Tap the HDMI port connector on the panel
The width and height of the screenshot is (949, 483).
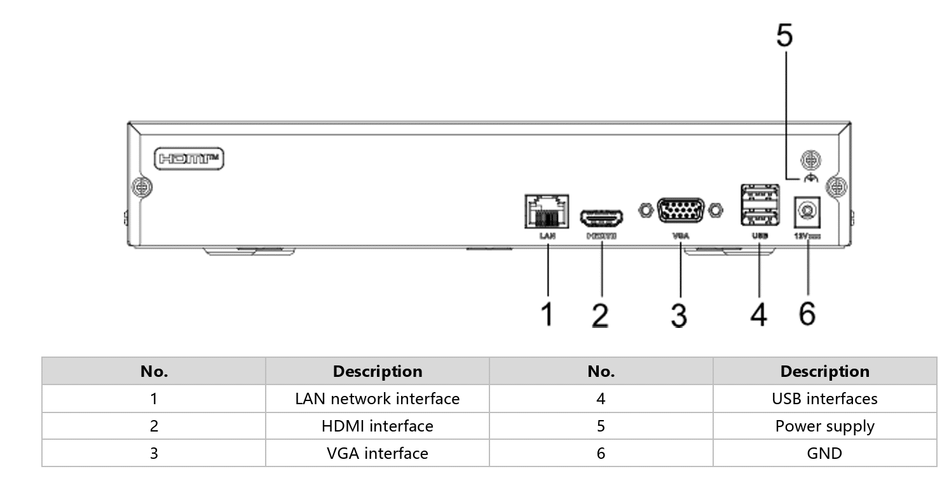(601, 218)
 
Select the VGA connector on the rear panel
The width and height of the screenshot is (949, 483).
(681, 210)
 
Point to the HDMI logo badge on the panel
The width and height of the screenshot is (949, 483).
(190, 158)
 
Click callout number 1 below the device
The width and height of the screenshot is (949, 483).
(547, 315)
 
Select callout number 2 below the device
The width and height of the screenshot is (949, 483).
(600, 315)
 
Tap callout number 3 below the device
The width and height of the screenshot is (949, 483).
(679, 315)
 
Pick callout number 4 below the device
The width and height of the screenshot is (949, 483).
(758, 315)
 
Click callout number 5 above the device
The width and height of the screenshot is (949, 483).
(785, 36)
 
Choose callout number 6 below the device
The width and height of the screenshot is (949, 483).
(807, 313)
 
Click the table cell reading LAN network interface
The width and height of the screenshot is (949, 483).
(378, 399)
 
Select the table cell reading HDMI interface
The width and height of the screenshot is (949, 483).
(378, 426)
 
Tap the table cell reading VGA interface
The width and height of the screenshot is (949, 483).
(378, 454)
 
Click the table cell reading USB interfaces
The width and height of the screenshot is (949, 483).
(824, 399)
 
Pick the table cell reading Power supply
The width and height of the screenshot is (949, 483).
(824, 426)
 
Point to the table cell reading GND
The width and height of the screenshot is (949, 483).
(824, 454)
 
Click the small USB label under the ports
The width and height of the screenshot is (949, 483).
(760, 236)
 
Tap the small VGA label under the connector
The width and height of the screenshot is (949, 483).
(680, 236)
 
